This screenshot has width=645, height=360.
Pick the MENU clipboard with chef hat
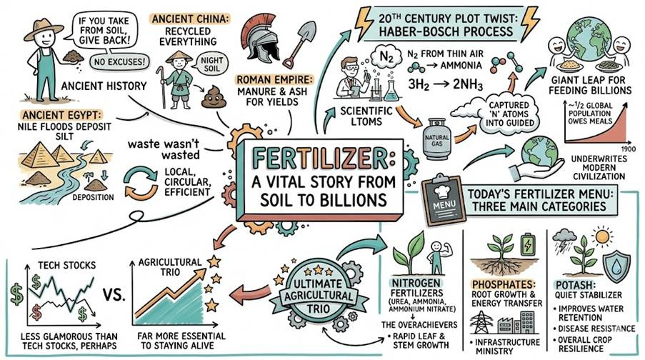tap(440, 195)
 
